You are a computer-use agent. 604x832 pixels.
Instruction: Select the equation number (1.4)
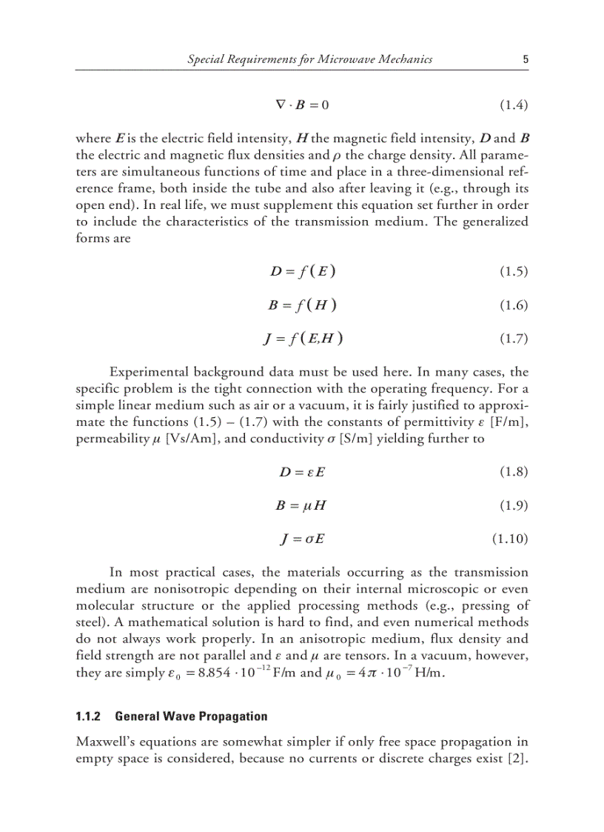click(511, 104)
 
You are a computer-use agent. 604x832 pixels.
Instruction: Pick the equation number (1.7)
click(511, 339)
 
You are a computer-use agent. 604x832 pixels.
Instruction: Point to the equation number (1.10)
click(509, 539)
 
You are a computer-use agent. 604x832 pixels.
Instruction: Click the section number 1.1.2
click(90, 716)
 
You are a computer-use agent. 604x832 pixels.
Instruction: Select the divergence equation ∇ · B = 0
click(303, 104)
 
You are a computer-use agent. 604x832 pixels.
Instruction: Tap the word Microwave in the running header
click(327, 59)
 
